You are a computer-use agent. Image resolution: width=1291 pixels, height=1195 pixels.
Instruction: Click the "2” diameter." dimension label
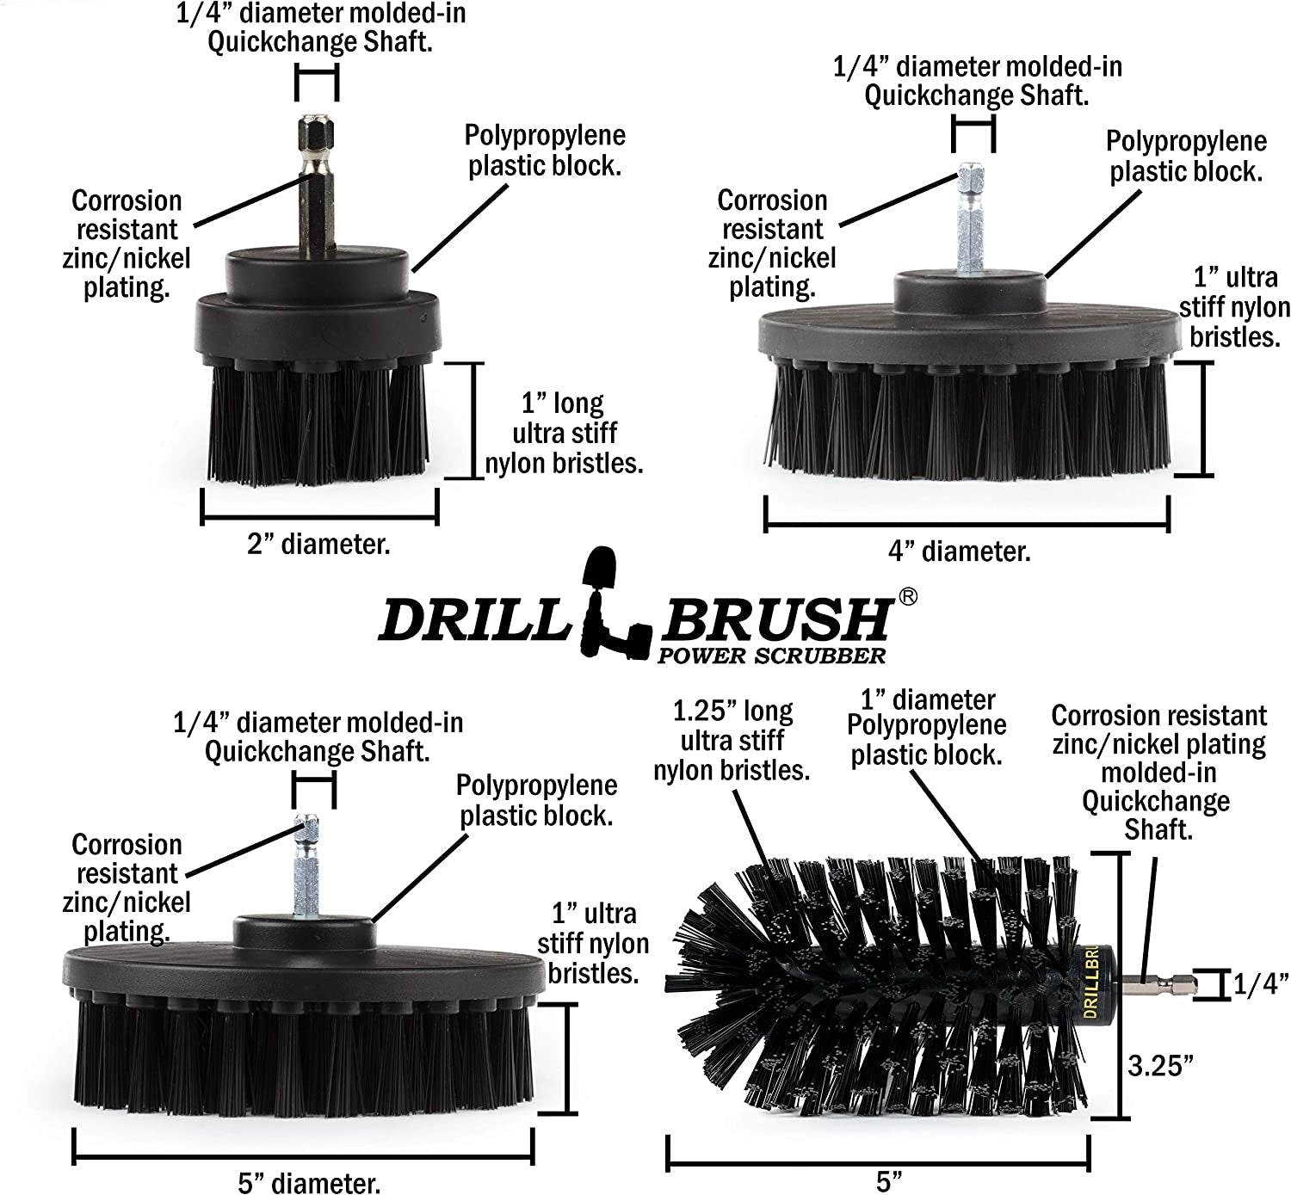pos(318,545)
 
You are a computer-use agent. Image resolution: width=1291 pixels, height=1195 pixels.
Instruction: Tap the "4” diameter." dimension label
pos(959,551)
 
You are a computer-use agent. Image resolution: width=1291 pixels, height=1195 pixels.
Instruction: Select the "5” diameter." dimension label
pos(309,1183)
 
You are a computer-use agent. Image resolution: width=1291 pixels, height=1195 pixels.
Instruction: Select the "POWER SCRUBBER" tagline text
pos(771,656)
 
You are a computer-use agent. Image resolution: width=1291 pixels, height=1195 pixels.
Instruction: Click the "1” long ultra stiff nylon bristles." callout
pos(564,434)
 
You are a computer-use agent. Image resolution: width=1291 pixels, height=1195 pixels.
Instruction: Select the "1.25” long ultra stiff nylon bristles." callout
pos(732,740)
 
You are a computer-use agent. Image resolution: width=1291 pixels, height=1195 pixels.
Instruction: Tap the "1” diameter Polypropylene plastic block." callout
pos(926,726)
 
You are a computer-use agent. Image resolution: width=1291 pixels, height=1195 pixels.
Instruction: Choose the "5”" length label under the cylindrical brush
pos(884,1181)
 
